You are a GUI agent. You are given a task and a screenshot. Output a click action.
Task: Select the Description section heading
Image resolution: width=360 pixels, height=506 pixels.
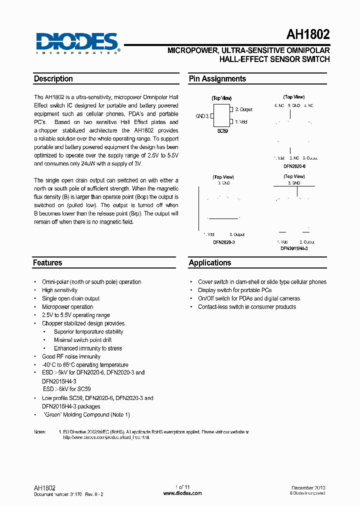53,79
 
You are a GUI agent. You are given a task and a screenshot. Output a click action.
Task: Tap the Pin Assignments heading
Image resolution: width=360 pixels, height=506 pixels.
217,79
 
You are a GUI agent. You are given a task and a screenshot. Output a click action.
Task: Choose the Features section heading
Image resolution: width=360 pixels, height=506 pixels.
47,263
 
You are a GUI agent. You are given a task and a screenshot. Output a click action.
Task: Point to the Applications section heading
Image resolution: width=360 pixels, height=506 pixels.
210,263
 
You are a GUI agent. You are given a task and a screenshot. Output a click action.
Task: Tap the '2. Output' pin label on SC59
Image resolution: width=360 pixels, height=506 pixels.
243,109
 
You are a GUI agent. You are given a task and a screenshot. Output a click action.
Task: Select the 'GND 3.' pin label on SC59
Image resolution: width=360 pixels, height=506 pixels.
202,116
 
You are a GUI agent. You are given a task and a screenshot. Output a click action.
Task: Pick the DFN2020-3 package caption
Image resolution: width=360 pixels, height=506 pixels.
223,242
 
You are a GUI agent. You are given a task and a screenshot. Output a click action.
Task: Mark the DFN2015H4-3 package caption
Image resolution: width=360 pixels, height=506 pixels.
294,248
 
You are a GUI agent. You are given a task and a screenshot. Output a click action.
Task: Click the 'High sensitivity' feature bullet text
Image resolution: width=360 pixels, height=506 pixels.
59,290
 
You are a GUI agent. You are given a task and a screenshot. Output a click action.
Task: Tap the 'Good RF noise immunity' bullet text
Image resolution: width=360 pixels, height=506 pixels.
71,357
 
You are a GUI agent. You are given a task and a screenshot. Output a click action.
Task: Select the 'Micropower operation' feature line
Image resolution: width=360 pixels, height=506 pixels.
67,307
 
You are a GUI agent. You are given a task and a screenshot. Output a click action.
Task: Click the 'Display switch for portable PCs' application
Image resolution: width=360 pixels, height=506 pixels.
235,290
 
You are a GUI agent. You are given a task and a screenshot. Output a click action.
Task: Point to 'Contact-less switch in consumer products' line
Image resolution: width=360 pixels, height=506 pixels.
247,307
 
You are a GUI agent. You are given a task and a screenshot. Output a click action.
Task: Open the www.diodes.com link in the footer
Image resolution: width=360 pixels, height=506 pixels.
182,493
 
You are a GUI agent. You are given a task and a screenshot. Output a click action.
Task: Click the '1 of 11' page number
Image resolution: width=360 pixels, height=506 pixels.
182,487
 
